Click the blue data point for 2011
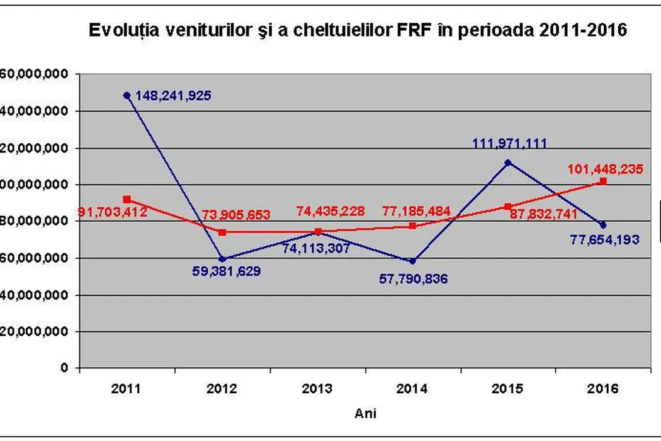coord(127,96)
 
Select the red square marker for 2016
coord(603,181)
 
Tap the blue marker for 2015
coord(508,163)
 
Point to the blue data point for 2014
coord(412,261)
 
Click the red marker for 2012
coord(222,232)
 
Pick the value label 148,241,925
coord(173,96)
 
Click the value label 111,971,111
coord(509,144)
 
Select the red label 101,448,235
coord(605,169)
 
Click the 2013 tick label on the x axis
coord(317,389)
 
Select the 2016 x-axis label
coord(602,389)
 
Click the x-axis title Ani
coord(366,413)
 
